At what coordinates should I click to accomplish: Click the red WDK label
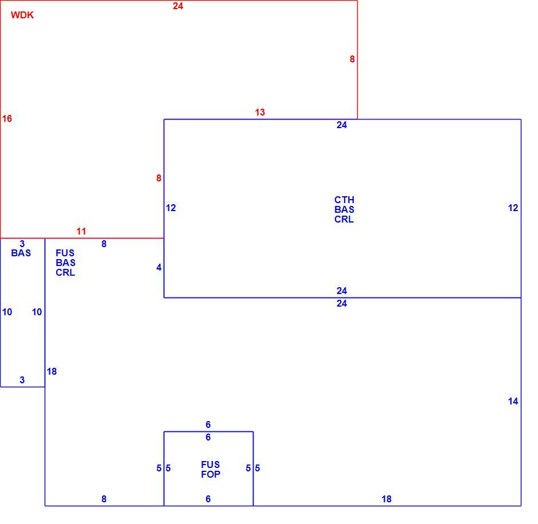pyautogui.click(x=22, y=15)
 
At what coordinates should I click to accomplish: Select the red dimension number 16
pyautogui.click(x=7, y=118)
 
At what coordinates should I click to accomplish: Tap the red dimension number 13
pyautogui.click(x=260, y=112)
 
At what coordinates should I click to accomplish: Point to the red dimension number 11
pyautogui.click(x=81, y=231)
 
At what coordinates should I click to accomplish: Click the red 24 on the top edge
pyautogui.click(x=178, y=6)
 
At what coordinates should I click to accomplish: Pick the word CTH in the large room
pyautogui.click(x=344, y=200)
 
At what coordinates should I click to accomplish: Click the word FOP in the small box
pyautogui.click(x=211, y=474)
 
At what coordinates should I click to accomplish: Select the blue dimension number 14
pyautogui.click(x=513, y=401)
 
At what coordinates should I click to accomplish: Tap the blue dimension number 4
pyautogui.click(x=159, y=268)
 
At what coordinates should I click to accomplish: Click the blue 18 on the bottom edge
pyautogui.click(x=386, y=499)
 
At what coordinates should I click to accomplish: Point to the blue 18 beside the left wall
pyautogui.click(x=52, y=371)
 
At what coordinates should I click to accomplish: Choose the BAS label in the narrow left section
pyautogui.click(x=21, y=253)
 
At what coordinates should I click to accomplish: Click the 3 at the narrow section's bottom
pyautogui.click(x=22, y=380)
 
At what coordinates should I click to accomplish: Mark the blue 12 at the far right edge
pyautogui.click(x=513, y=208)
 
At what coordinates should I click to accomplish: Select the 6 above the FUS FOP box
pyautogui.click(x=208, y=424)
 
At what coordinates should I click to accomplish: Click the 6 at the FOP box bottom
pyautogui.click(x=208, y=499)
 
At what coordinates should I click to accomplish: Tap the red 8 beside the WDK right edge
pyautogui.click(x=352, y=59)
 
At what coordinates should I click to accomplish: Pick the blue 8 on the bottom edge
pyautogui.click(x=104, y=499)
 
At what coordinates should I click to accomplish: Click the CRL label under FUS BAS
pyautogui.click(x=65, y=273)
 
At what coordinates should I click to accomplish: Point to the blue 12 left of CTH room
pyautogui.click(x=171, y=208)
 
